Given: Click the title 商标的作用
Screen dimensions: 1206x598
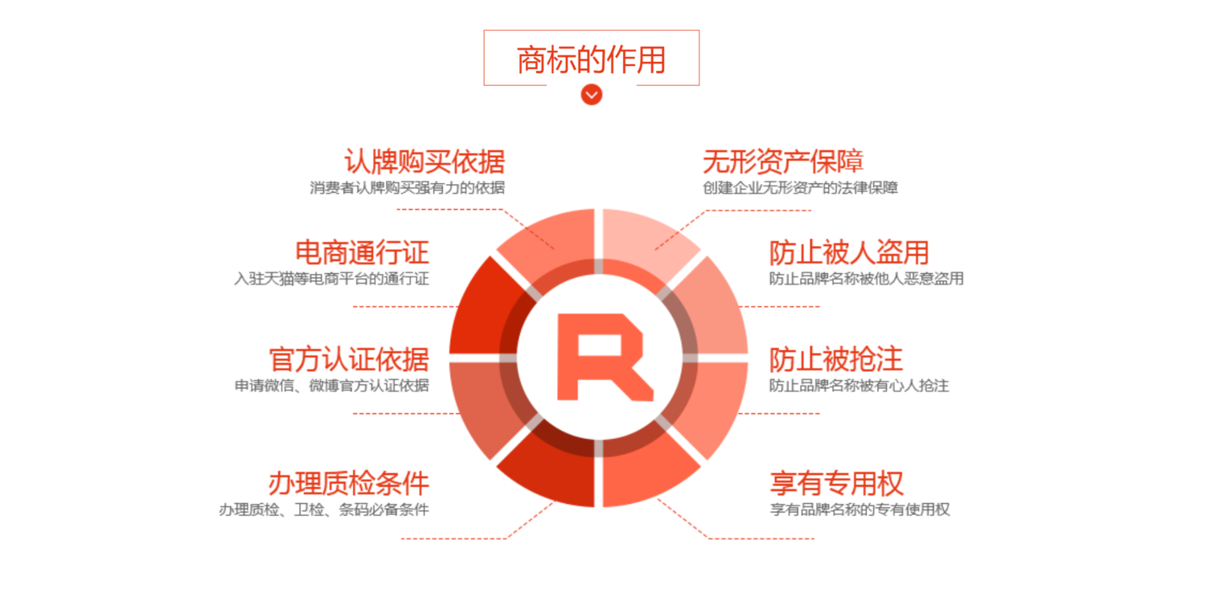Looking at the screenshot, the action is pos(591,59).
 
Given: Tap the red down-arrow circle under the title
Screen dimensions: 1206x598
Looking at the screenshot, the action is pos(591,95).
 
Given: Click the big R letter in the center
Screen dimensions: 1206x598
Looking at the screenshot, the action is pos(605,358).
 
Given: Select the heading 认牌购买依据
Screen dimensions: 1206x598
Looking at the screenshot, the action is pos(425,162).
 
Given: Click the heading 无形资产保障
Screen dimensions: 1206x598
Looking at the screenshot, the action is pos(783,162).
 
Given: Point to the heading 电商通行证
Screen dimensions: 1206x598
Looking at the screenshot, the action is pos(362,252).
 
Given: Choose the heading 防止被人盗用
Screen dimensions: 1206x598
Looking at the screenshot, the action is pos(849,252).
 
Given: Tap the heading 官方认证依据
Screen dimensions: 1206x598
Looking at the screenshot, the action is pos(349,359).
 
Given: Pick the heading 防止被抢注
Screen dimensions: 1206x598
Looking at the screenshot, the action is pos(835,359).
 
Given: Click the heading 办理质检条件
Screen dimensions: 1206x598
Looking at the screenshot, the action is pos(349,483).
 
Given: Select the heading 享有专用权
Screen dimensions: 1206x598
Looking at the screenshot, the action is pos(837,483).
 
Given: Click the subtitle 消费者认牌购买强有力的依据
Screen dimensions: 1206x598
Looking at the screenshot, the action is pos(407,188).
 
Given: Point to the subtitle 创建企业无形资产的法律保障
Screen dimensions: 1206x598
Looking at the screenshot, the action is pos(801,188).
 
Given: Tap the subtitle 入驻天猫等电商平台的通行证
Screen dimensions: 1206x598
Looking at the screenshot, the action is pos(331,279).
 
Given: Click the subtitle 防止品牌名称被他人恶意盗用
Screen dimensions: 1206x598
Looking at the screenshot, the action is pos(866,279).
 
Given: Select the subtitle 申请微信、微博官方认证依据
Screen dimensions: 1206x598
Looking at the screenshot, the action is pos(331,385).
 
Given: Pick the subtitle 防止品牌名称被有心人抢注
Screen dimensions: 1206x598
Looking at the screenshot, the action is pos(859,385).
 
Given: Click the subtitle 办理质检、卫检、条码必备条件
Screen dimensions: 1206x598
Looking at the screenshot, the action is pos(324,510).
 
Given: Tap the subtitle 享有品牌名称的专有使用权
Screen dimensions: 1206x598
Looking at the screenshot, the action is pos(859,510).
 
